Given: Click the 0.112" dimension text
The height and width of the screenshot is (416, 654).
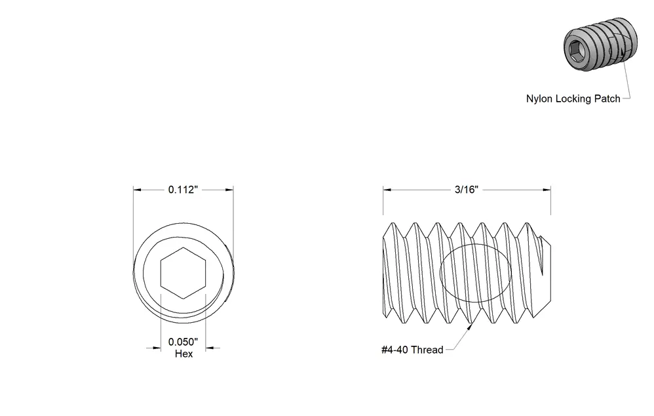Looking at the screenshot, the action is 183,190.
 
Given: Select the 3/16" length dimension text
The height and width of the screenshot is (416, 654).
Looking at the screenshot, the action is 467,190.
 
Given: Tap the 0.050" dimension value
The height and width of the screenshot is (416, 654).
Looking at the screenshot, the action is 183,342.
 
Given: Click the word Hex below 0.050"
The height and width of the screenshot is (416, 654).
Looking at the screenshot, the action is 183,354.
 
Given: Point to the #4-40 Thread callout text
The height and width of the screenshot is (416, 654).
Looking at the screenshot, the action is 412,350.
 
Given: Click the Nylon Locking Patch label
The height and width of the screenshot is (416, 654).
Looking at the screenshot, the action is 573,99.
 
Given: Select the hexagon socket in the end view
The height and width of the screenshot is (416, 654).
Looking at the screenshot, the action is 183,273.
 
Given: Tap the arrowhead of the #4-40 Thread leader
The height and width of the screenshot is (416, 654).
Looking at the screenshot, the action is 470,327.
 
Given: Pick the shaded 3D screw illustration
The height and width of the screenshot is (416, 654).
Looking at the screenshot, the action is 601,44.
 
